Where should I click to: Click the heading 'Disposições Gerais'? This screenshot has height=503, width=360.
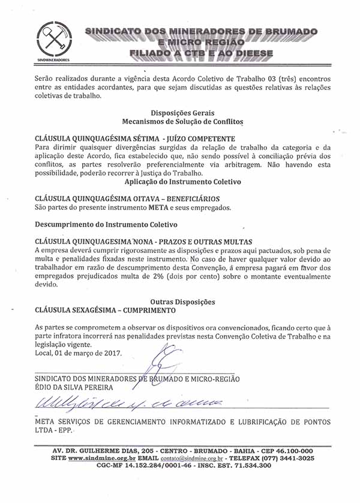coord(182,113)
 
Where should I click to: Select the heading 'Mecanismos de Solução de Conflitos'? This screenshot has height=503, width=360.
coord(182,121)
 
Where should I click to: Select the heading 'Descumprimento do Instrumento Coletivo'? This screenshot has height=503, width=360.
coord(106,225)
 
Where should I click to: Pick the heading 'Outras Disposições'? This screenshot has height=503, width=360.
coord(182,302)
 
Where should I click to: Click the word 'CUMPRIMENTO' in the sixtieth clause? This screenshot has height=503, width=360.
coord(146,311)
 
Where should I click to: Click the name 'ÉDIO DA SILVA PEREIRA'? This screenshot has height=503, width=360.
coord(75,387)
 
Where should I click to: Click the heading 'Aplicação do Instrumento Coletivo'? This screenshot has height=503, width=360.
coord(182,181)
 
